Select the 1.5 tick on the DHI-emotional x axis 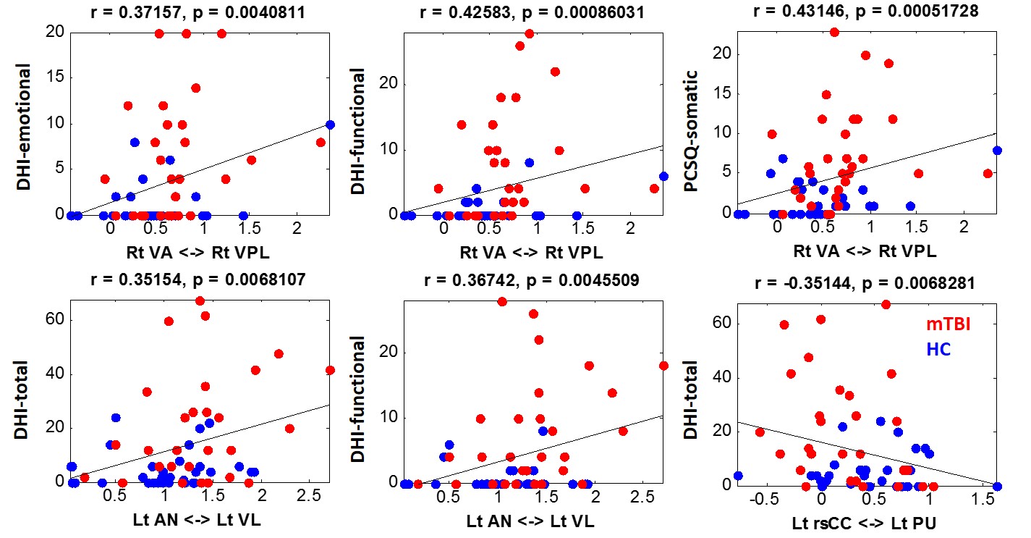pyautogui.click(x=250, y=231)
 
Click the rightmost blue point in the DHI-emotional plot pyautogui.click(x=330, y=125)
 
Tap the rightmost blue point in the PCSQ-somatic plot pyautogui.click(x=997, y=151)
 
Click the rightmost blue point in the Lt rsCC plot pyautogui.click(x=997, y=487)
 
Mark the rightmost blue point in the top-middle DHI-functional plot pyautogui.click(x=663, y=175)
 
